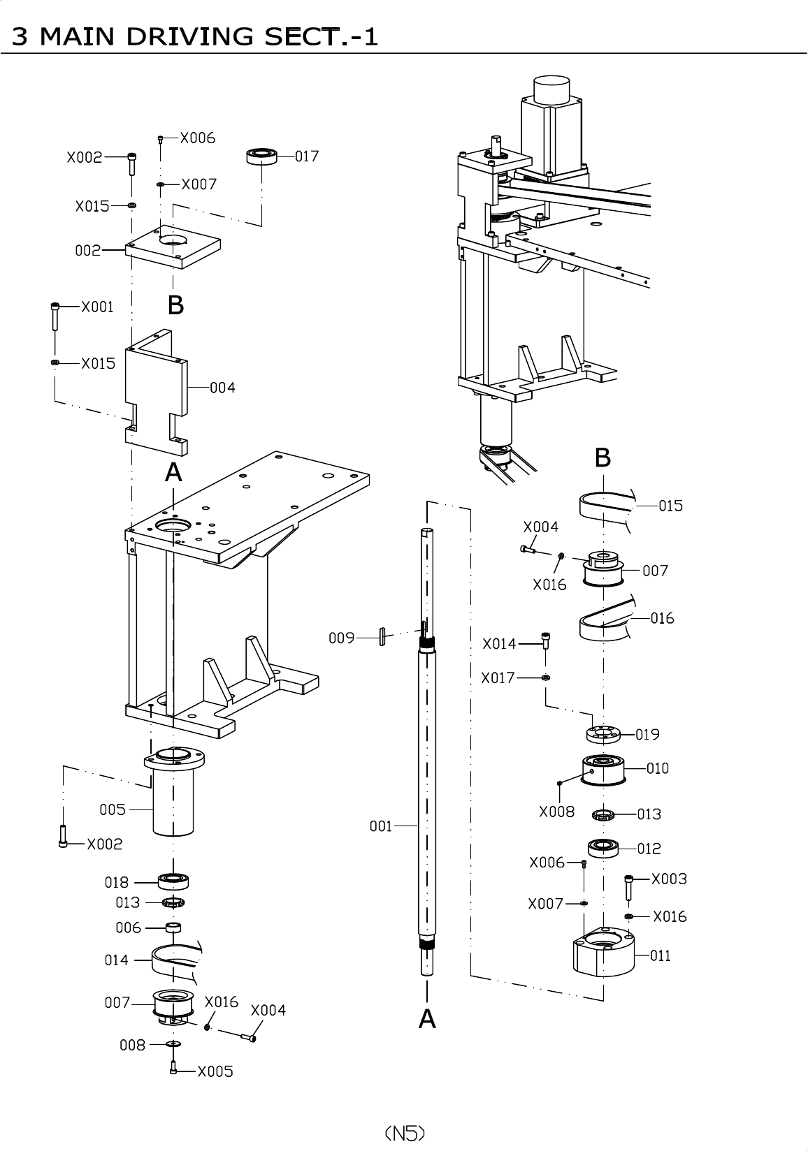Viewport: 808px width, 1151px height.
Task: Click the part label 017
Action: pyautogui.click(x=306, y=156)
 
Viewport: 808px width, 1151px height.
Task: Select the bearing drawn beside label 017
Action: pyautogui.click(x=262, y=155)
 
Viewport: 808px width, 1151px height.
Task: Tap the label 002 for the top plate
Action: pyautogui.click(x=88, y=250)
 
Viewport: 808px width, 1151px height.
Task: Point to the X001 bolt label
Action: pyautogui.click(x=97, y=307)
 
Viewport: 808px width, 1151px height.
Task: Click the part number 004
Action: pyautogui.click(x=222, y=387)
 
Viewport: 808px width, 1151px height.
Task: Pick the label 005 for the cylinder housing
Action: pyautogui.click(x=113, y=809)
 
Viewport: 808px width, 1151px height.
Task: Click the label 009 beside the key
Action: pyautogui.click(x=342, y=638)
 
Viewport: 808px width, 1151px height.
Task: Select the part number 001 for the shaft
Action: pyautogui.click(x=381, y=827)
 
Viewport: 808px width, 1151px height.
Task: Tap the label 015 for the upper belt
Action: pyautogui.click(x=670, y=506)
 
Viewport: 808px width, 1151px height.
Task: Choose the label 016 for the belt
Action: pyautogui.click(x=662, y=618)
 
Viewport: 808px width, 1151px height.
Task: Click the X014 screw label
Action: pyautogui.click(x=499, y=644)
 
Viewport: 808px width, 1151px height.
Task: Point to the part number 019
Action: pyautogui.click(x=648, y=734)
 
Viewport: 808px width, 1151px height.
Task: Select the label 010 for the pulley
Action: pyautogui.click(x=657, y=768)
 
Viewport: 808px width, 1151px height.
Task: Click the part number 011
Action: pyautogui.click(x=661, y=955)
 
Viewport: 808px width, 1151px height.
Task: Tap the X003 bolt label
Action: pyautogui.click(x=669, y=879)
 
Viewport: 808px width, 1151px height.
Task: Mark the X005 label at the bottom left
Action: pyautogui.click(x=215, y=1071)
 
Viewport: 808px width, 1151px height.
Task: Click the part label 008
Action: pyautogui.click(x=132, y=1045)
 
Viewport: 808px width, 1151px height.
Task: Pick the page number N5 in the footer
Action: pyautogui.click(x=405, y=1132)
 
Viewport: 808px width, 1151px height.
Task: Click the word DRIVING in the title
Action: pyautogui.click(x=185, y=36)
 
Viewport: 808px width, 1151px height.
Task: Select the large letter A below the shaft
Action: pyautogui.click(x=427, y=1019)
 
